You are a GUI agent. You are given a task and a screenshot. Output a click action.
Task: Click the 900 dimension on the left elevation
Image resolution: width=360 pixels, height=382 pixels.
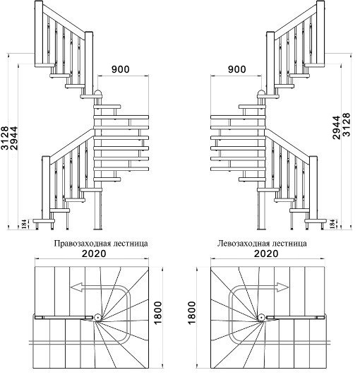[121, 69]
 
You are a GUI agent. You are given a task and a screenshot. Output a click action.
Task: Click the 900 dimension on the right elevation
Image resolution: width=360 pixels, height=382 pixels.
[237, 69]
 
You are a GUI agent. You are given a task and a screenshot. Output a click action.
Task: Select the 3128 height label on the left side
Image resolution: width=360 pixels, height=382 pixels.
[5, 138]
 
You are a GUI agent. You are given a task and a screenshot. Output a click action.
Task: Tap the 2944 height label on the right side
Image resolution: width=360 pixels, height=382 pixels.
[337, 128]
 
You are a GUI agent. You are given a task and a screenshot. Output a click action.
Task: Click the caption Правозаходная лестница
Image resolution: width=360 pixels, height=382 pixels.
[101, 244]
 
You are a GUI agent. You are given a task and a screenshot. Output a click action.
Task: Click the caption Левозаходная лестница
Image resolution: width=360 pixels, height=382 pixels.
[262, 244]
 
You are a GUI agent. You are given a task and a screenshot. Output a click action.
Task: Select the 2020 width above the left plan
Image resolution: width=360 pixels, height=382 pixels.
[94, 254]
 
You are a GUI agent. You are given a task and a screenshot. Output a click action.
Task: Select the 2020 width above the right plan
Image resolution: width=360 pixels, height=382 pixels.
[266, 254]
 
